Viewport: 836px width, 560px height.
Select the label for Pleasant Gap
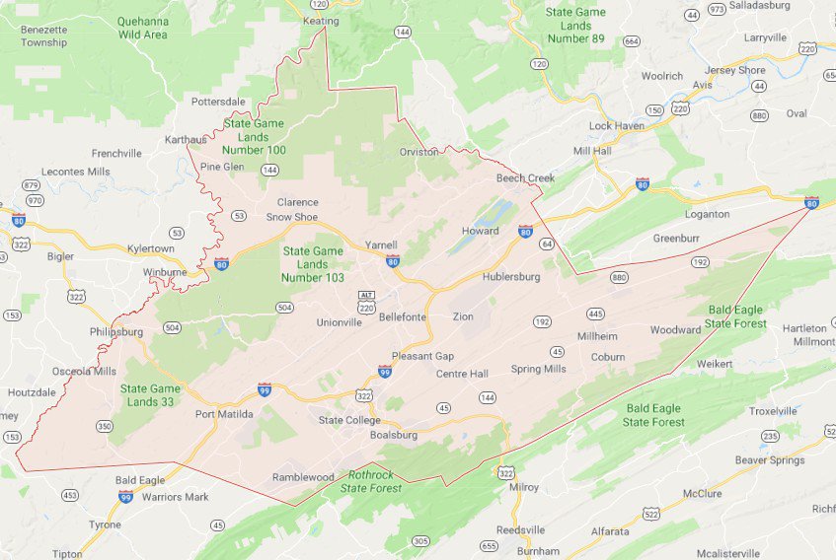pos(422,355)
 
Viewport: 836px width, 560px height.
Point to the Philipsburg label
pos(116,331)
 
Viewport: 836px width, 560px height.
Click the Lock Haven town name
pos(616,126)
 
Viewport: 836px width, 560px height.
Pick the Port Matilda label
pos(224,414)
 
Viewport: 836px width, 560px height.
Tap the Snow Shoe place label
pos(292,217)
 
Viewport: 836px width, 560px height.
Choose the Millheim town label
pos(597,336)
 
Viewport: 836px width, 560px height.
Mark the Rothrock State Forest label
pos(371,481)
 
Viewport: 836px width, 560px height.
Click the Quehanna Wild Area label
pos(141,28)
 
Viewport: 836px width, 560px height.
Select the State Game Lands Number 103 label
pos(313,264)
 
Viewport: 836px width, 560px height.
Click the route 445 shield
pos(595,314)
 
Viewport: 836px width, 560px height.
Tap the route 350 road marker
pos(105,426)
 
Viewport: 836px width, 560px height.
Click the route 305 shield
pos(420,540)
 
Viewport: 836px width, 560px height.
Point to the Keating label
pos(322,21)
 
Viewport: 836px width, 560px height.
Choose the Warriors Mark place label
pos(176,497)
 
